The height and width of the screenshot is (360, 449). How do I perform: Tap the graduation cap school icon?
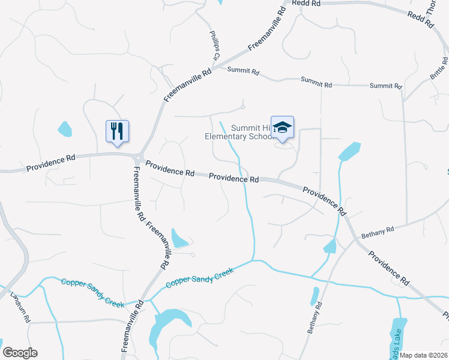click(282, 127)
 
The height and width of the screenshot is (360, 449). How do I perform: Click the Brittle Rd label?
click(439, 70)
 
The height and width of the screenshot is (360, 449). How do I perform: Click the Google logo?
click(20, 353)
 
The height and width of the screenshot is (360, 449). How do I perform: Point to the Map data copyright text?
click(424, 355)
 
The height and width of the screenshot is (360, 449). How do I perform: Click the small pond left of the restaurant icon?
click(64, 128)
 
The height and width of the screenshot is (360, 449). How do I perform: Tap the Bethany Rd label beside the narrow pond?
click(315, 317)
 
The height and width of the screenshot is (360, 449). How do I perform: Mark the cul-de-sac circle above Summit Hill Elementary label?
click(243, 107)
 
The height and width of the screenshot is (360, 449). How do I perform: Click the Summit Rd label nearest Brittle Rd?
click(385, 86)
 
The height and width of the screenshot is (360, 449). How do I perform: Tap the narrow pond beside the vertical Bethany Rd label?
click(315, 296)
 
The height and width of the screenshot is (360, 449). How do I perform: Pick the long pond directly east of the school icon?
click(349, 151)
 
